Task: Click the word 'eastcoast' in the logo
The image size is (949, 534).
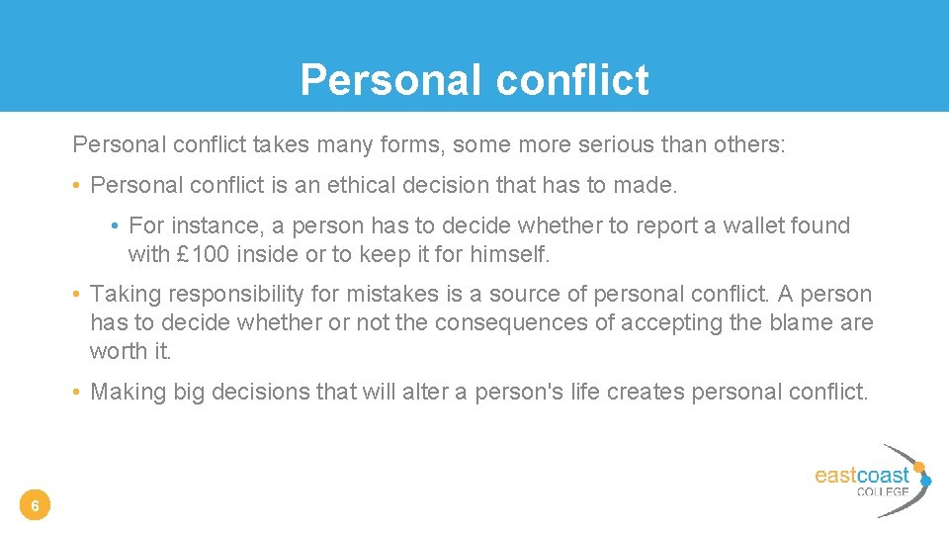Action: click(861, 476)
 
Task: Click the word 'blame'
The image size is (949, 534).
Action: click(799, 322)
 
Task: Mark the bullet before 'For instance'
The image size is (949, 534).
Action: click(116, 226)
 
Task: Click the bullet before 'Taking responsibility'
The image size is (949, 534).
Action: click(76, 295)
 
